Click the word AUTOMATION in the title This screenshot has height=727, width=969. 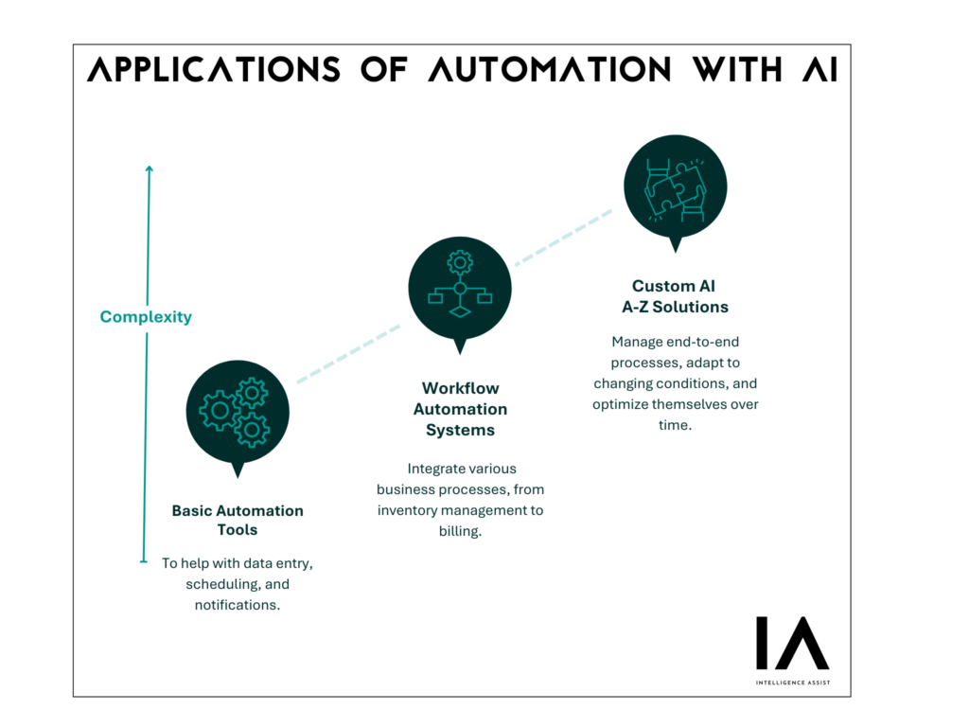click(x=549, y=69)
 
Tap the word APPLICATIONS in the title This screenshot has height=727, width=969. click(x=213, y=69)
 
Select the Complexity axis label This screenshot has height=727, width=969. click(x=146, y=317)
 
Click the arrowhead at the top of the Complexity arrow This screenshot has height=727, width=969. click(x=149, y=168)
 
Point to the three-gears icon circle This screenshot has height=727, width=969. click(x=238, y=413)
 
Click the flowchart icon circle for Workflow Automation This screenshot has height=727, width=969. click(x=460, y=289)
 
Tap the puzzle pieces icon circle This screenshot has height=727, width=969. click(x=676, y=186)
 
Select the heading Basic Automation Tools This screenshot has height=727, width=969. click(x=238, y=520)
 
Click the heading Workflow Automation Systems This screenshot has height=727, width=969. click(x=461, y=409)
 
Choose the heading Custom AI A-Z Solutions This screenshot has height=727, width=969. click(x=675, y=296)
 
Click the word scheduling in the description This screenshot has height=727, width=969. click(x=222, y=584)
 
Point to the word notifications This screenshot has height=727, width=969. click(x=238, y=605)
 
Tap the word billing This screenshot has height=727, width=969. click(x=460, y=532)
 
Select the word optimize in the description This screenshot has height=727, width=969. click(x=620, y=405)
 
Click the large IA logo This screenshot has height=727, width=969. click(x=793, y=643)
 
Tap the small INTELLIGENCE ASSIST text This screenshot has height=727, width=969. click(x=793, y=683)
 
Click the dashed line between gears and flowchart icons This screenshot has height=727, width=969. click(x=348, y=354)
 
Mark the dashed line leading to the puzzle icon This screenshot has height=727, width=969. click(x=564, y=238)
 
